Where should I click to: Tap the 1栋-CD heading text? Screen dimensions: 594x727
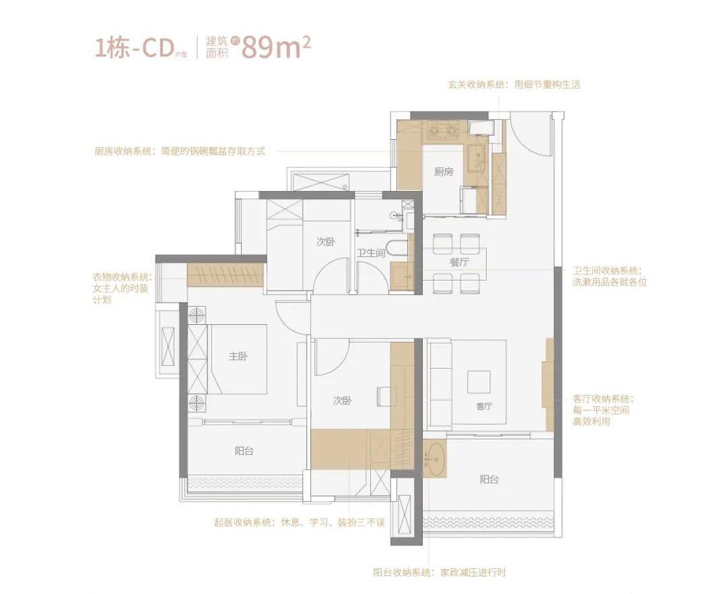(132, 48)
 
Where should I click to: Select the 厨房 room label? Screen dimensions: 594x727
(444, 172)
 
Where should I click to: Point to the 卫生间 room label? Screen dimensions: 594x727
(371, 253)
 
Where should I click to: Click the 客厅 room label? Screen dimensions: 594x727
(484, 406)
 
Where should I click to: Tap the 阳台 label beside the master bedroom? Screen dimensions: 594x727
(244, 451)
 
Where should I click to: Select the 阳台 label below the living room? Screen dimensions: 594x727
(489, 479)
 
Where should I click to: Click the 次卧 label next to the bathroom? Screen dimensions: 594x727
(326, 242)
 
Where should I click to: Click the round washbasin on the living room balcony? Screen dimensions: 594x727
(435, 459)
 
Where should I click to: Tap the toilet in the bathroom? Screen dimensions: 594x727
(397, 248)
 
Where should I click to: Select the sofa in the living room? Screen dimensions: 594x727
(439, 385)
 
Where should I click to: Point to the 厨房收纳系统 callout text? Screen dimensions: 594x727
(180, 151)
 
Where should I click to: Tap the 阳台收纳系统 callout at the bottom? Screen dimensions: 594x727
(440, 572)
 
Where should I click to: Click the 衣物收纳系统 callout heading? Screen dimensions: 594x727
(122, 277)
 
